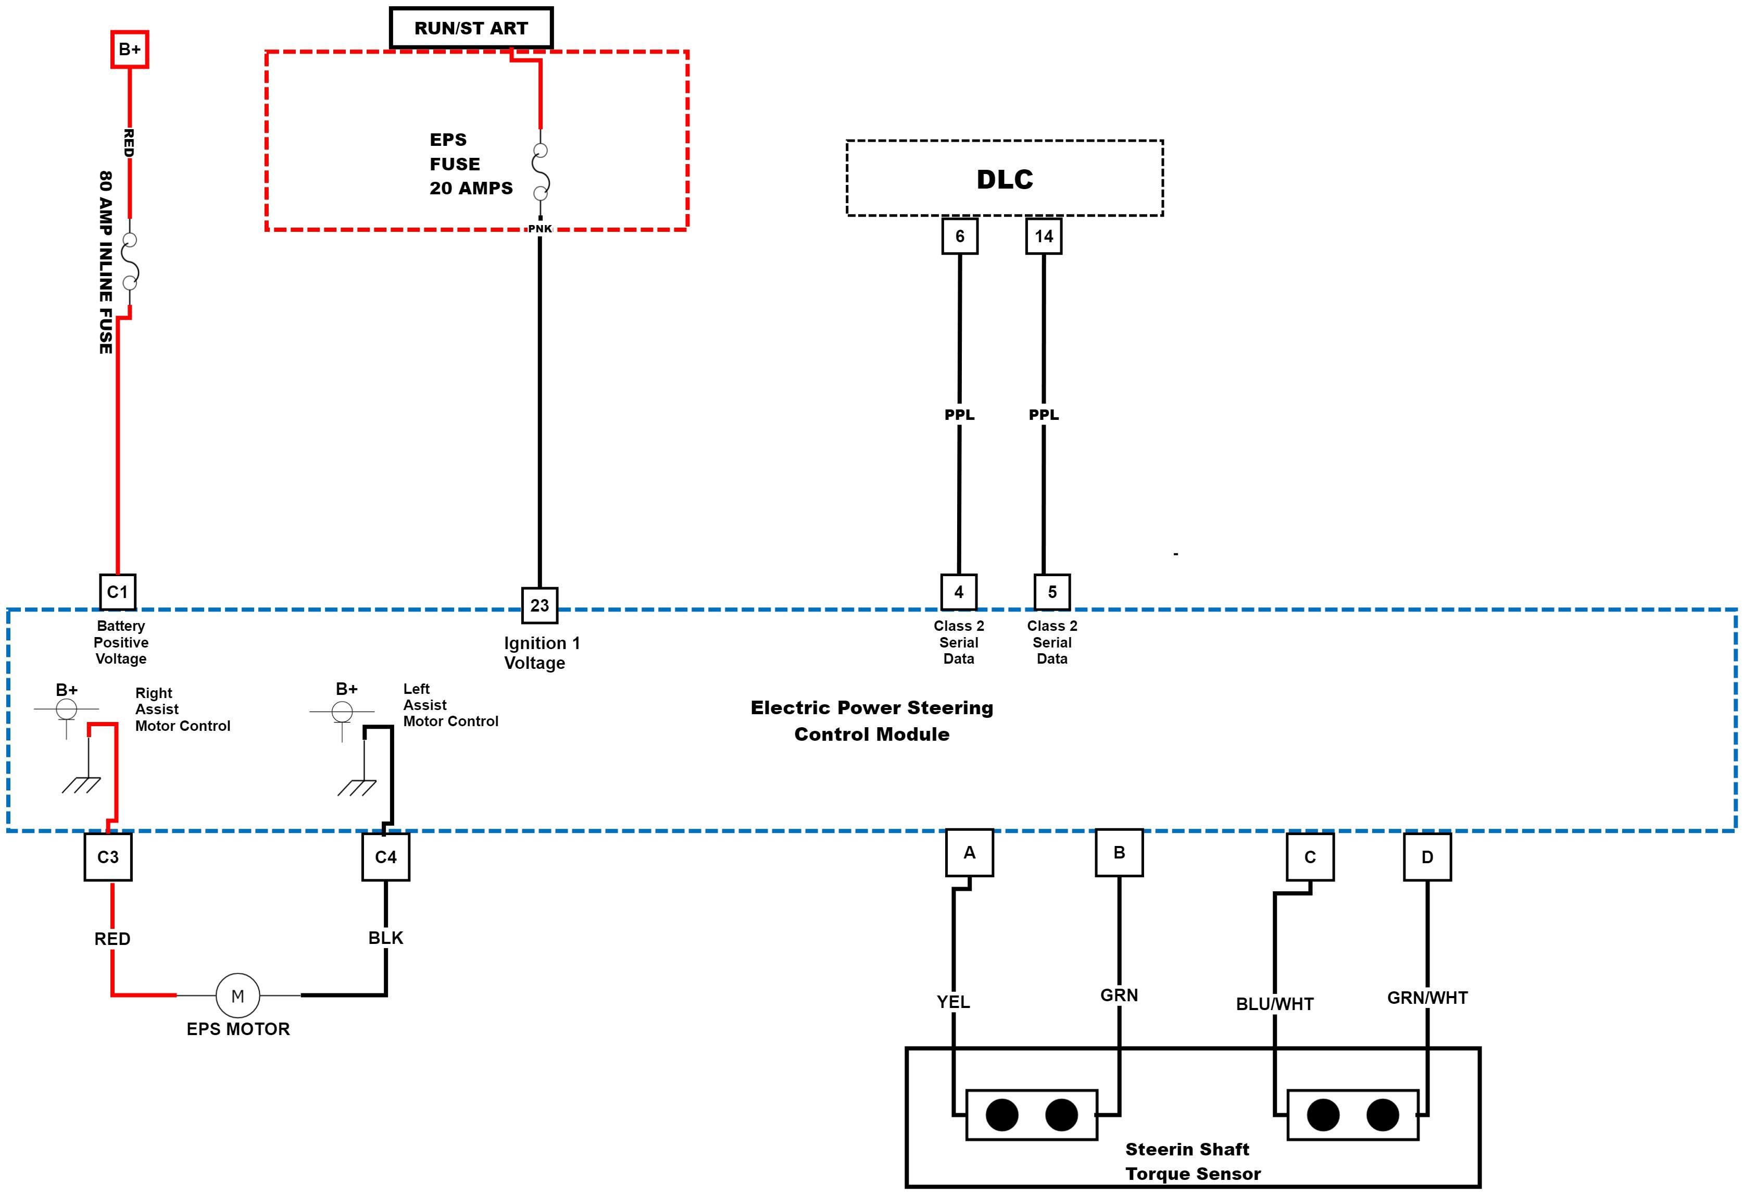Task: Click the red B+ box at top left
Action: click(129, 49)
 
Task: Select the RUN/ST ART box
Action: click(471, 29)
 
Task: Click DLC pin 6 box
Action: click(959, 236)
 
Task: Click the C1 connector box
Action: click(118, 592)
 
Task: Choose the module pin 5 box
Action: click(1051, 592)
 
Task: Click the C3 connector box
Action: click(108, 857)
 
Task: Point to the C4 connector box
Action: click(386, 857)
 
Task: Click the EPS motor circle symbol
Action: click(238, 996)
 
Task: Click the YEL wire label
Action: click(953, 1002)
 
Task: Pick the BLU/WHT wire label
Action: click(1274, 1004)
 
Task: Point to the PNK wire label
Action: click(539, 229)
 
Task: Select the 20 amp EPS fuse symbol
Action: click(541, 172)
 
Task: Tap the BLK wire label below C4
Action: click(386, 938)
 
